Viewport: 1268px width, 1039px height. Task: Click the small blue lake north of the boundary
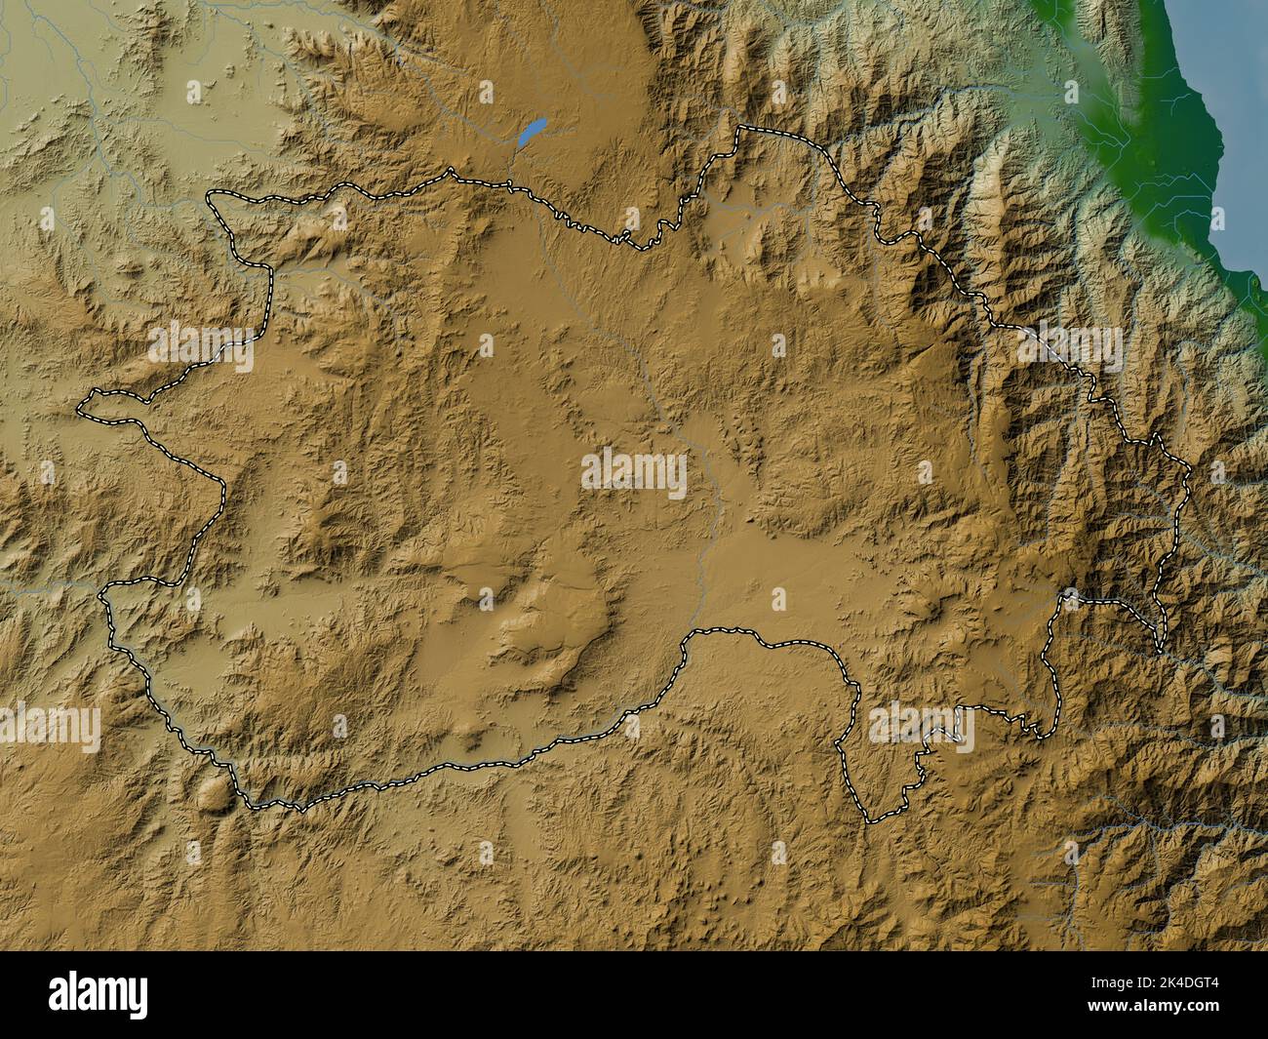pyautogui.click(x=531, y=132)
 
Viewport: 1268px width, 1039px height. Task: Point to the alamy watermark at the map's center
pyautogui.click(x=634, y=474)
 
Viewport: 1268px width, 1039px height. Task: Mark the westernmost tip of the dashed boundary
pyautogui.click(x=80, y=404)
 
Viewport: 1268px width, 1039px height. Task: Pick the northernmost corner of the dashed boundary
pyautogui.click(x=738, y=127)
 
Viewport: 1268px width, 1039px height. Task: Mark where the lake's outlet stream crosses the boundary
pyautogui.click(x=509, y=184)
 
